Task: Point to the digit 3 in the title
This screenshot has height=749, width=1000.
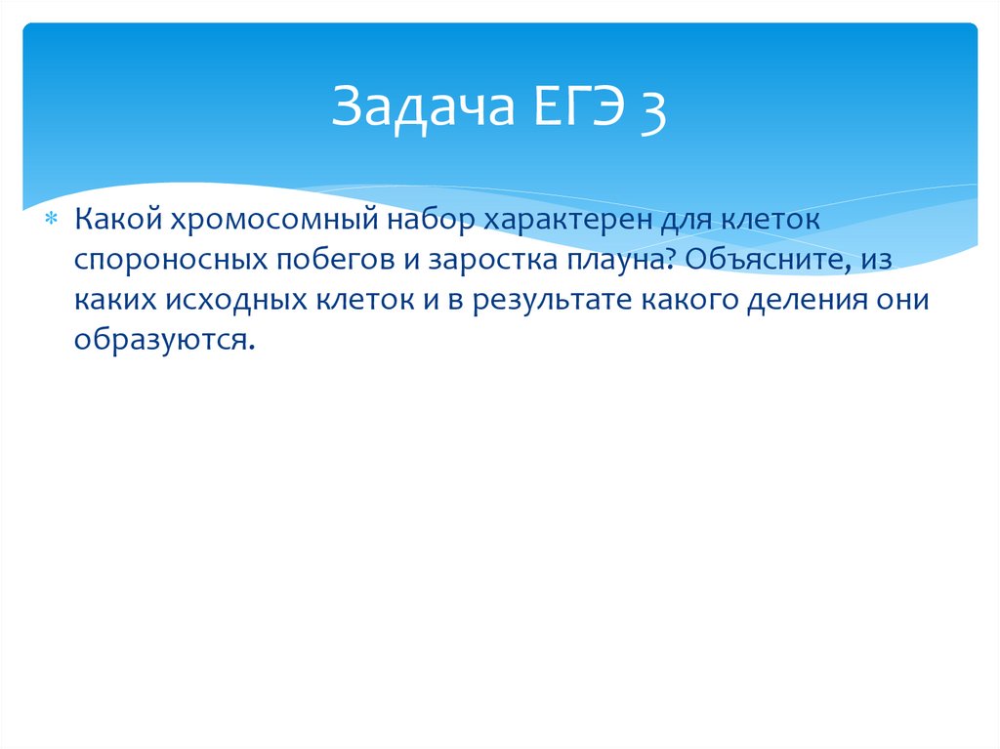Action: click(653, 109)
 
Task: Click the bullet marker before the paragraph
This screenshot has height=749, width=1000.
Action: click(55, 219)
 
